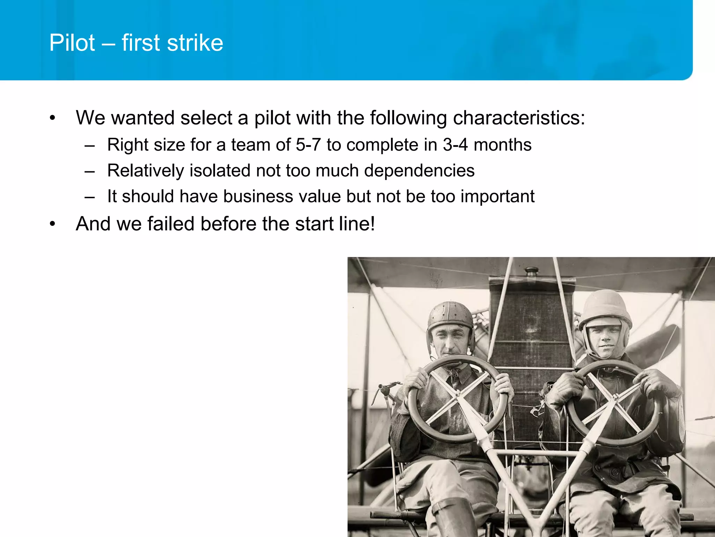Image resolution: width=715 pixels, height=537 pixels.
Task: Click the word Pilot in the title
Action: tap(72, 43)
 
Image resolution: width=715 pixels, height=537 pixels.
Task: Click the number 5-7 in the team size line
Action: tap(308, 145)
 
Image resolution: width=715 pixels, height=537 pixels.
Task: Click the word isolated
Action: tap(220, 171)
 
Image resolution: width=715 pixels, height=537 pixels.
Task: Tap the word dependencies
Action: tap(419, 171)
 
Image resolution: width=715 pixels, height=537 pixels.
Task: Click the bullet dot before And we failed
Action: tap(52, 224)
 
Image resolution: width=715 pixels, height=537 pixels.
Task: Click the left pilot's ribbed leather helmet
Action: tap(450, 315)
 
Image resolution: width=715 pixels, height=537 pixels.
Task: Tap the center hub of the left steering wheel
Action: tap(458, 396)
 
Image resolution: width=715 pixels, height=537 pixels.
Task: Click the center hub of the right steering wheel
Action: tap(614, 399)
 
